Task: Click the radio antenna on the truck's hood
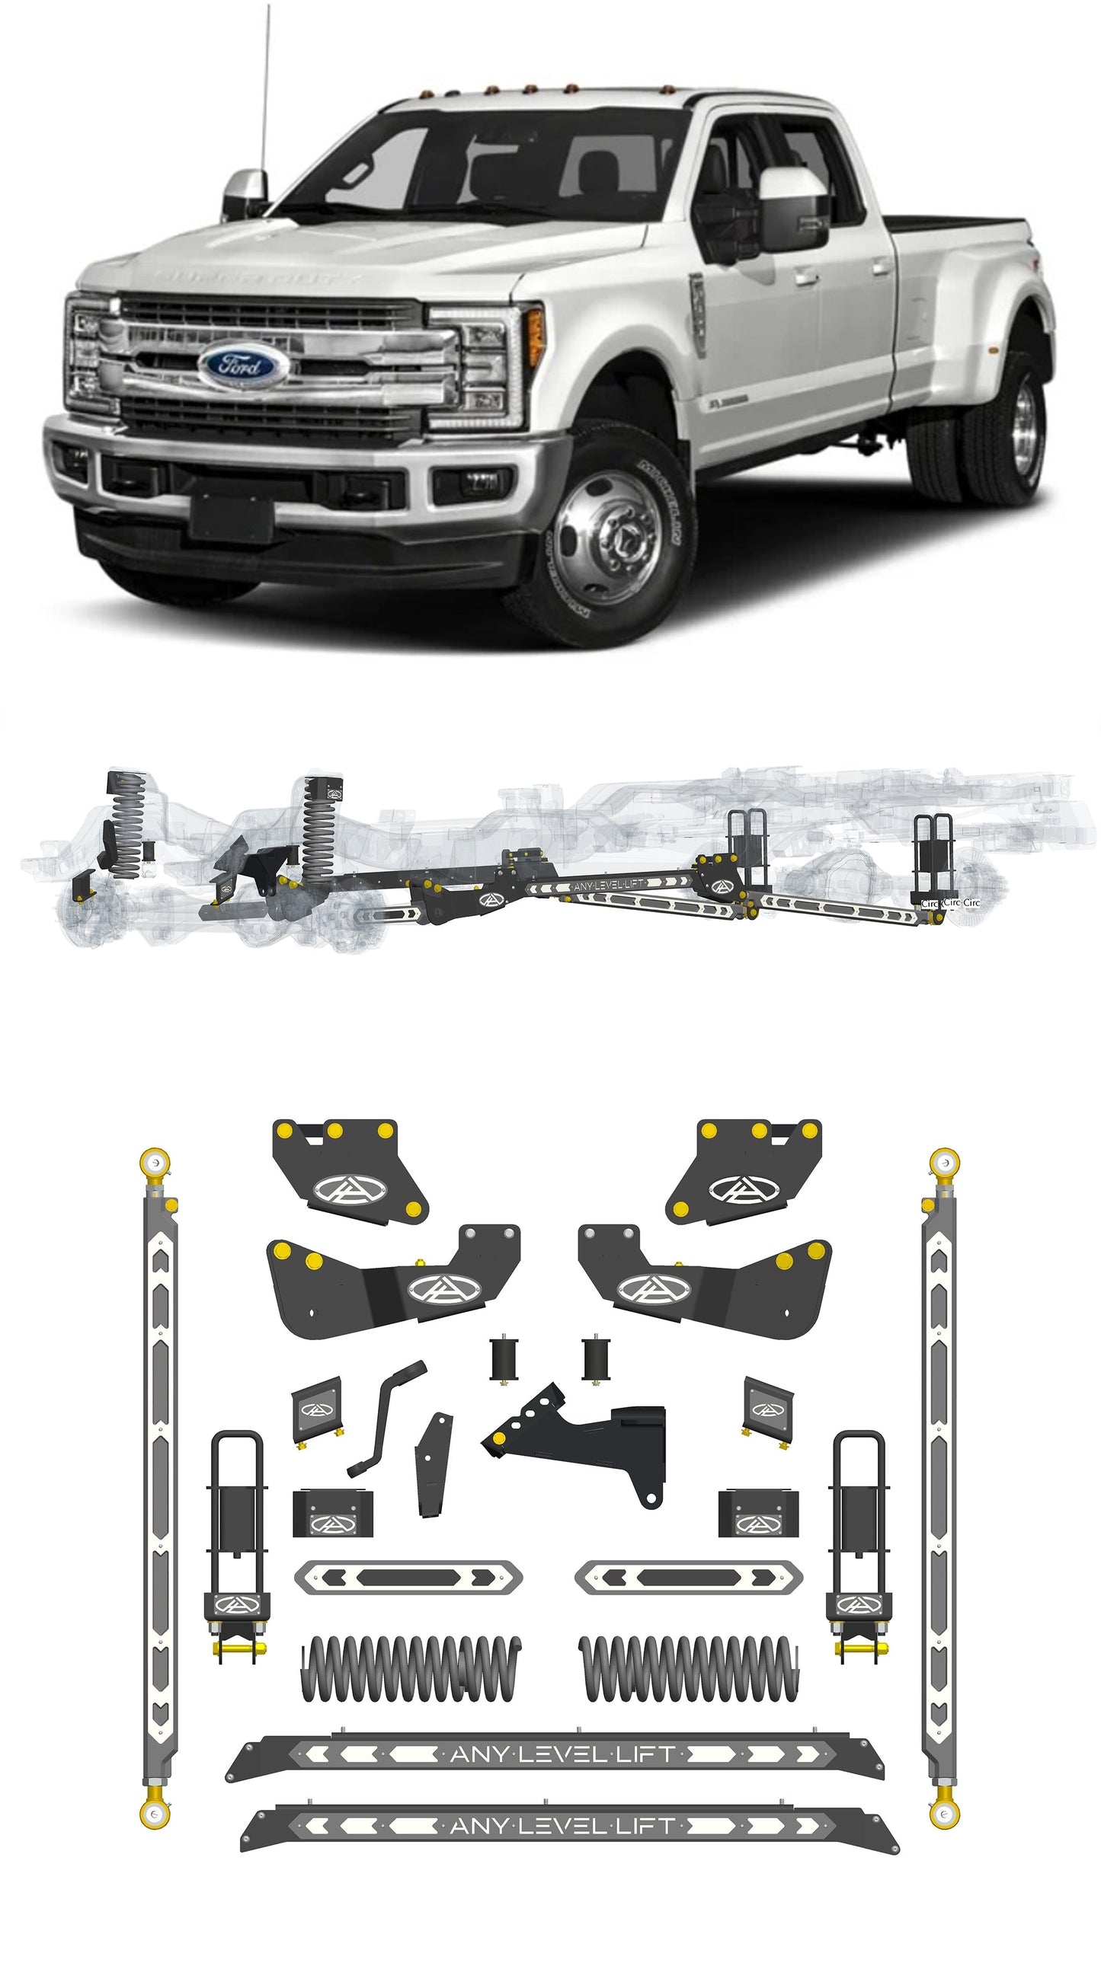pos(264,99)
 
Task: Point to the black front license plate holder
pos(232,516)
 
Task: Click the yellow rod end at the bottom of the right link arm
pos(945,1814)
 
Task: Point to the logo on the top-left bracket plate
pos(351,1189)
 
